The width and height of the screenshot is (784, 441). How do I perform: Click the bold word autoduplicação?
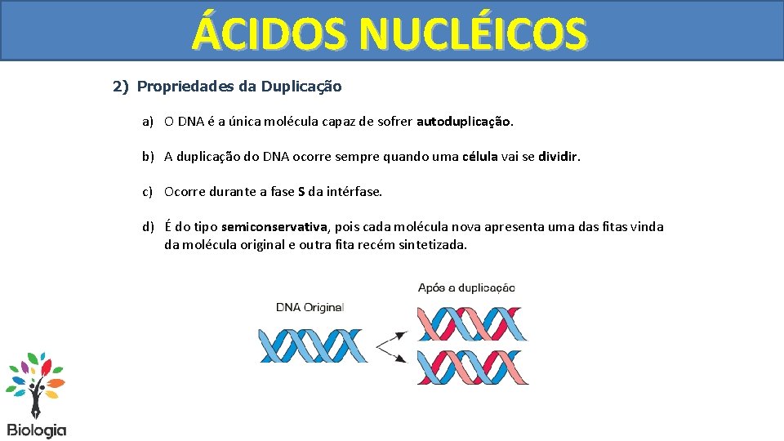coord(464,122)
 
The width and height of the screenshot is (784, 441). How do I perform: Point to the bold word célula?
coord(479,156)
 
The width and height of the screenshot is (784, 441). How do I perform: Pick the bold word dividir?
coord(558,156)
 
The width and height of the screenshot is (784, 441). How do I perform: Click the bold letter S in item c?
coord(301,192)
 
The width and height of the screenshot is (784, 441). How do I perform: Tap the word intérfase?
coord(354,192)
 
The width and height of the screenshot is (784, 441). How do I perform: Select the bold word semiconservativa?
coord(274,226)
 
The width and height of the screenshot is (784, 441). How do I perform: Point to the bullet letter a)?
coord(148,122)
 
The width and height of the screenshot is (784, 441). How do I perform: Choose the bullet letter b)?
coord(148,156)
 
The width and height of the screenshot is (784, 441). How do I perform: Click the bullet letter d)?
coord(148,226)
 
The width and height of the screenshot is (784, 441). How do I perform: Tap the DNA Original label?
coord(310,308)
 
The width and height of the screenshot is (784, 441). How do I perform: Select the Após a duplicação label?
coord(466,287)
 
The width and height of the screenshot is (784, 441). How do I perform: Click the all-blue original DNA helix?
coord(313,345)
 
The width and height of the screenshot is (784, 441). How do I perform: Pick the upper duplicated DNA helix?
coord(471,323)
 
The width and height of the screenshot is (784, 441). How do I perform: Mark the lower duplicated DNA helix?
coord(471,367)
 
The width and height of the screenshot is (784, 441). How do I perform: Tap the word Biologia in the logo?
coord(37,430)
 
